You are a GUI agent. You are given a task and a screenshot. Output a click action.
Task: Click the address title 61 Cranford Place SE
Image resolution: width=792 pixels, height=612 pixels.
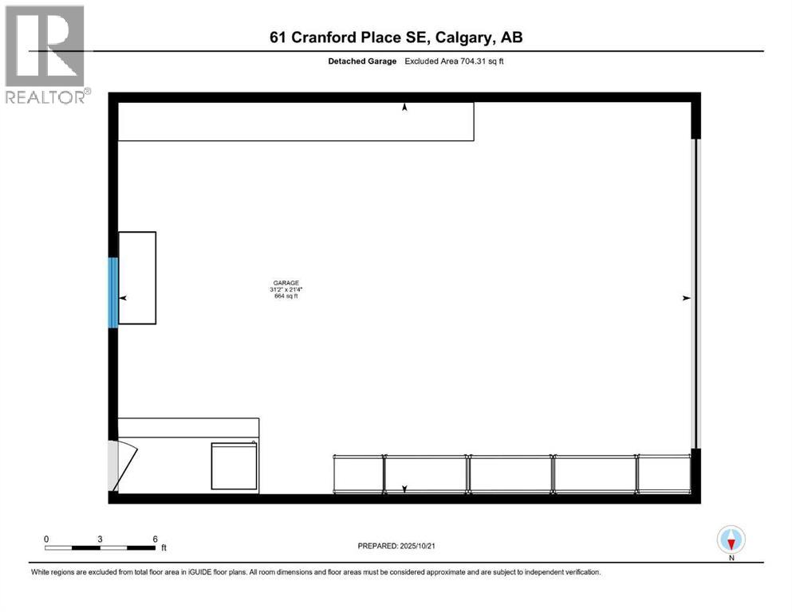pos(396,37)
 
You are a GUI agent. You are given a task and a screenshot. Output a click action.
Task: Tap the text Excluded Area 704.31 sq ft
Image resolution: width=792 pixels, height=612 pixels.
pos(454,61)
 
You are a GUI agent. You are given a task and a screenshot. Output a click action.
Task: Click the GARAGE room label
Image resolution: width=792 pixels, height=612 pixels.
pos(285,283)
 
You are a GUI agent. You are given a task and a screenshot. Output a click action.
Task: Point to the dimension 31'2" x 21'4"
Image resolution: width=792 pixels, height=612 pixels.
pos(285,290)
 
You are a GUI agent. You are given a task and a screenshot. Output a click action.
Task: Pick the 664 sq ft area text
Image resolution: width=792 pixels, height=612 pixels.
pos(285,297)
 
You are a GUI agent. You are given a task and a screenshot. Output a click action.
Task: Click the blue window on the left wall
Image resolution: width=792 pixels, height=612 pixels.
pos(113,292)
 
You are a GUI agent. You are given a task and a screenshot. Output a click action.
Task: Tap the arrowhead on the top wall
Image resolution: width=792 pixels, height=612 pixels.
pos(404,107)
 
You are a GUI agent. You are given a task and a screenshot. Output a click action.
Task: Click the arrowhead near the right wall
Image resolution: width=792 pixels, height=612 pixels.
pos(685,298)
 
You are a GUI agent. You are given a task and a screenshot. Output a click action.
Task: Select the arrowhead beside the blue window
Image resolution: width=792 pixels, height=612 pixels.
pos(123,297)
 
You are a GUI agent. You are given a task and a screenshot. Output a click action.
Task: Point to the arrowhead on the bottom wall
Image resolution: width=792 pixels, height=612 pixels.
pos(404,488)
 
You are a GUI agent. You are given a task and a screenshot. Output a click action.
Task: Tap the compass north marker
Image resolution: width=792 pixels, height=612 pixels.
pos(731,541)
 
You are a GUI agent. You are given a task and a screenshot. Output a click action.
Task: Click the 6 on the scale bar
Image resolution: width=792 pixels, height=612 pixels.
pos(155,539)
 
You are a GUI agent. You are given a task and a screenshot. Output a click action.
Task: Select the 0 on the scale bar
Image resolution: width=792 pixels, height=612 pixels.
pos(46,539)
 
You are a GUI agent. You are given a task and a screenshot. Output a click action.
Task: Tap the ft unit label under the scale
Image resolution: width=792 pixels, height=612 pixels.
pos(164,548)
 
